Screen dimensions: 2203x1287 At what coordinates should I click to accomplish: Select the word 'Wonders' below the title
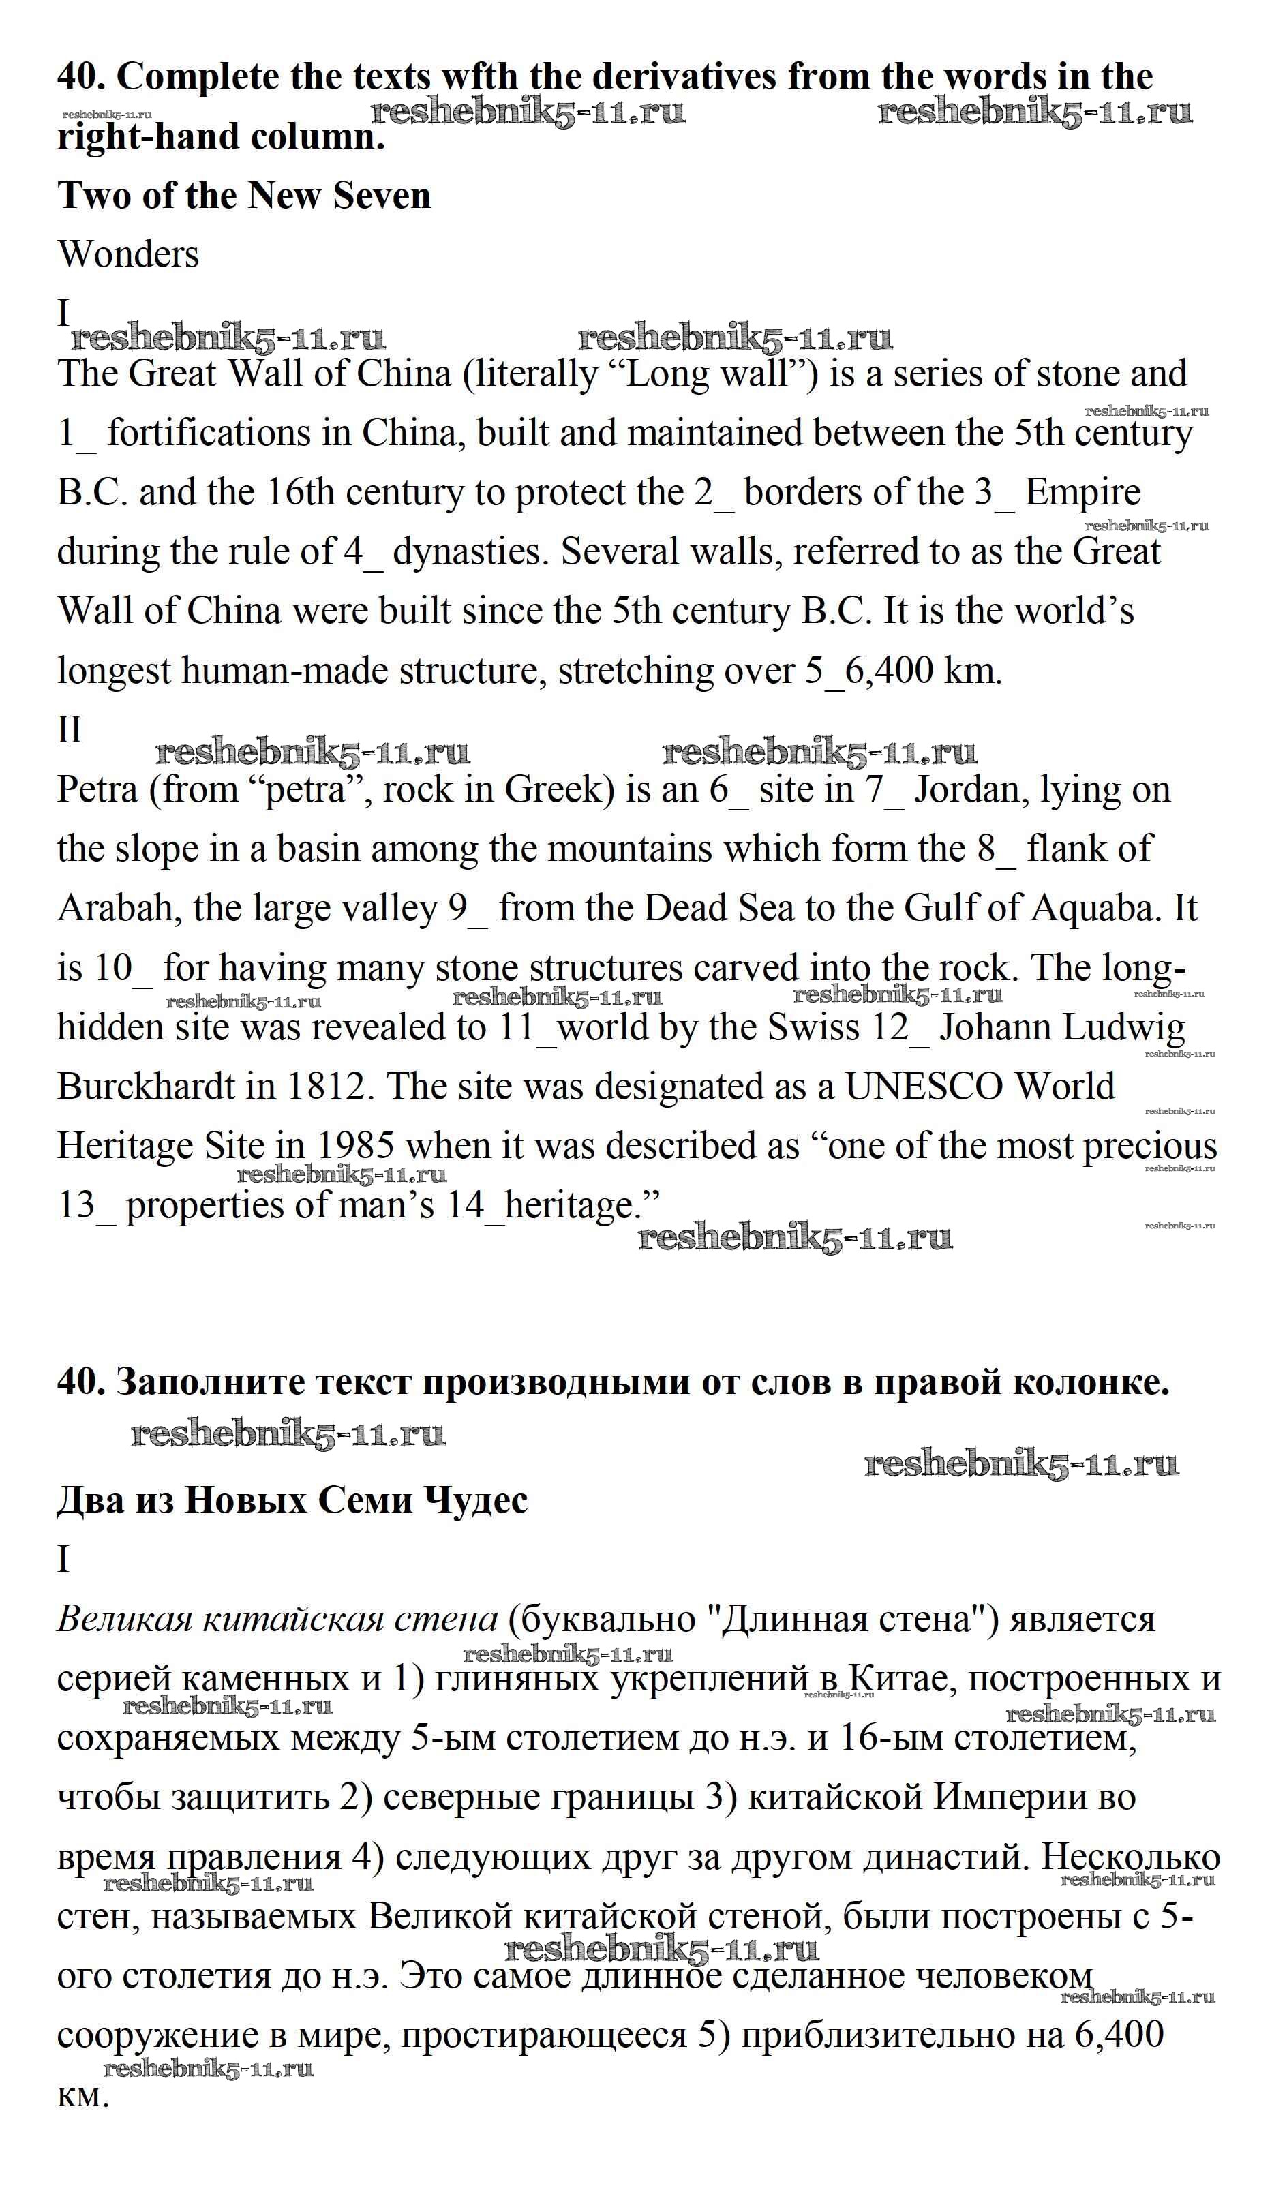(129, 254)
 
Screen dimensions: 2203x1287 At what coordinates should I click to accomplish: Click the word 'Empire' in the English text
(1082, 493)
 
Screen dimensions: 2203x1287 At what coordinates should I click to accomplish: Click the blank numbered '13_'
(86, 1206)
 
